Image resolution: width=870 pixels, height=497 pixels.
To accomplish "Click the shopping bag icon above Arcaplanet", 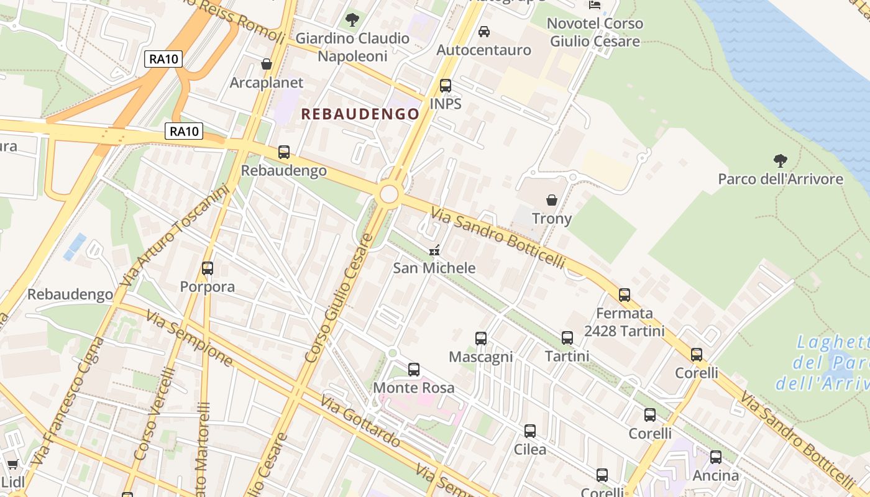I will (x=267, y=64).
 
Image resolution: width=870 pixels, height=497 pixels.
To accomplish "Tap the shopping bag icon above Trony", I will (x=551, y=200).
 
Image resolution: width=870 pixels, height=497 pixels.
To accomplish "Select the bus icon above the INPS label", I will (x=445, y=86).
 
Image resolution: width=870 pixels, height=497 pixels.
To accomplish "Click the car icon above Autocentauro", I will (x=484, y=32).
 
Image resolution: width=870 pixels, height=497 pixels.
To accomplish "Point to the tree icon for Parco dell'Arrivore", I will (x=781, y=161).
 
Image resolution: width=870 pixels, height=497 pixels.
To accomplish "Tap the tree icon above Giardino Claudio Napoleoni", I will (x=352, y=20).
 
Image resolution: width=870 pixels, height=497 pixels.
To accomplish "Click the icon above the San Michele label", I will (x=435, y=250).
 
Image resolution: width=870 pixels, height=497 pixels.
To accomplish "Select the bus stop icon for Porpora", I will (x=208, y=268).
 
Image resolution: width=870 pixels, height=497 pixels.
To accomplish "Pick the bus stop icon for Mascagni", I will (x=481, y=339).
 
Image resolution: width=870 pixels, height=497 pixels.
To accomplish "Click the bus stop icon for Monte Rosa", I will (x=414, y=370).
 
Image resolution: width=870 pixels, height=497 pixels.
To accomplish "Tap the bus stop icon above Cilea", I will (x=530, y=431).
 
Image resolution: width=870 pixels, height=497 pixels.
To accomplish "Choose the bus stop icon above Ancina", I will (x=716, y=457).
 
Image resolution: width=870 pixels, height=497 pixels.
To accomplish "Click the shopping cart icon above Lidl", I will (x=12, y=464).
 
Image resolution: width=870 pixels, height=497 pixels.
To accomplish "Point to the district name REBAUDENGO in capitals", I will (x=360, y=114).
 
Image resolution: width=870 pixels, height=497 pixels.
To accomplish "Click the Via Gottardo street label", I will (x=360, y=420).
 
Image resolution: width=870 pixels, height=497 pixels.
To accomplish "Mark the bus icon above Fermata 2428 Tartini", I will (x=625, y=295).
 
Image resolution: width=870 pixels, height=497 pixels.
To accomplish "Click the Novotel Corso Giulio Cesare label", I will (x=595, y=32).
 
